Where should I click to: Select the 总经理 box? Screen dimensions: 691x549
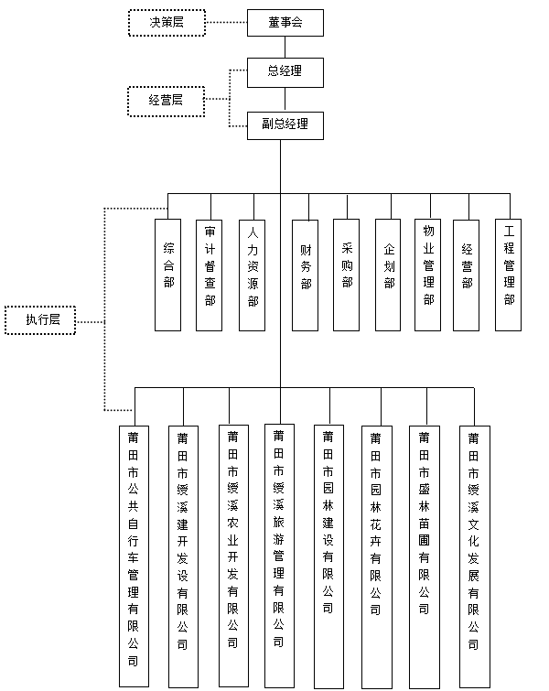pyautogui.click(x=285, y=71)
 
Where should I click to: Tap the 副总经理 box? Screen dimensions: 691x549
pyautogui.click(x=285, y=124)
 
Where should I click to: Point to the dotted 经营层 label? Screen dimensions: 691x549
pyautogui.click(x=166, y=100)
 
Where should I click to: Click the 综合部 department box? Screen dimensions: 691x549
pyautogui.click(x=168, y=274)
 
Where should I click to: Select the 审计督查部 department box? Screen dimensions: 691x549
pyautogui.click(x=210, y=274)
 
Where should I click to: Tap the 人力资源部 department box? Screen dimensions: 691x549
pyautogui.click(x=253, y=274)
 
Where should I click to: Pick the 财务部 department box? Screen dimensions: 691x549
pyautogui.click(x=306, y=274)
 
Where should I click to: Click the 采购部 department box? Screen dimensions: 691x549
pyautogui.click(x=347, y=274)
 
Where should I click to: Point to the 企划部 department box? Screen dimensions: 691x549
pyautogui.click(x=389, y=274)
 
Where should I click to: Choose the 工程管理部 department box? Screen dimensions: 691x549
pyautogui.click(x=509, y=274)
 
